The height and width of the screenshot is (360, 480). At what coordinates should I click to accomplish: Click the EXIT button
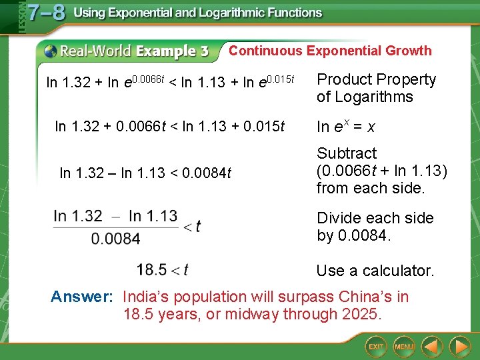[377, 346]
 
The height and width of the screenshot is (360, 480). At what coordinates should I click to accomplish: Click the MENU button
[404, 346]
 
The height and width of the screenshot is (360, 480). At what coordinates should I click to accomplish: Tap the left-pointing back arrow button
[433, 346]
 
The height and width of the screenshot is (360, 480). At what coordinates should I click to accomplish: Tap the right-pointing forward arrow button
[459, 346]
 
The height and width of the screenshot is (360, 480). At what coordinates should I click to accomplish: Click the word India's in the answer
[146, 297]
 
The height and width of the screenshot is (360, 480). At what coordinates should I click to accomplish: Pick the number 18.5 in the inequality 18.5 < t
[151, 269]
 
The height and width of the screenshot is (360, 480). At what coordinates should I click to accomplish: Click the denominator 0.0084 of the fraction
[115, 238]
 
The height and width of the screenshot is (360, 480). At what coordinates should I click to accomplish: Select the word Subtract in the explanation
[347, 153]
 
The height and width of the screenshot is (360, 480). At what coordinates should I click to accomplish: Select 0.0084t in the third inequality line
[209, 173]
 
